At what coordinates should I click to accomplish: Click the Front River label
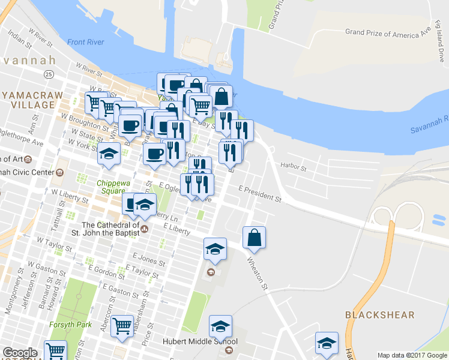point(85,42)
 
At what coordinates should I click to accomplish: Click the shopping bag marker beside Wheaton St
point(255,238)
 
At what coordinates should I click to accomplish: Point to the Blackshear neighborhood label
point(371,315)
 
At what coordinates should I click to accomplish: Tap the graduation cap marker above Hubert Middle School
point(220,327)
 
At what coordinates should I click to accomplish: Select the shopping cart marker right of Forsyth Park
point(122,326)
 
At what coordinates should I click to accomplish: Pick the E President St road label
point(260,193)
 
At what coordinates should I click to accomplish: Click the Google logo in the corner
point(19,353)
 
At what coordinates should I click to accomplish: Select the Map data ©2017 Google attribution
point(412,355)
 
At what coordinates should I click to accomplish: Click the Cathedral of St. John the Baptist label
point(110,230)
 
